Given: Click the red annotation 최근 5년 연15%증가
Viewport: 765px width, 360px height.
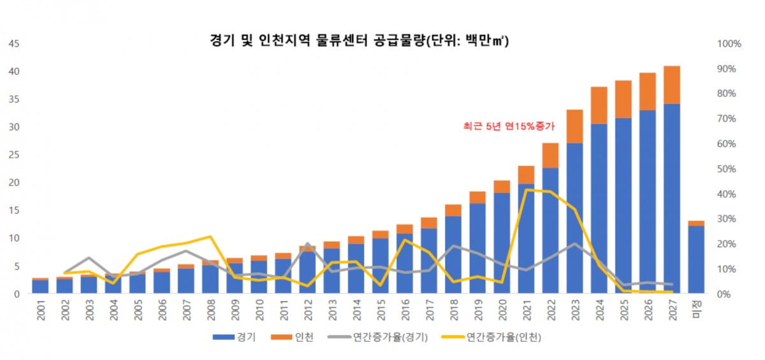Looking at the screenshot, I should pyautogui.click(x=509, y=126).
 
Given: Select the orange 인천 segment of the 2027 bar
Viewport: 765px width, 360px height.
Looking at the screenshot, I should pyautogui.click(x=671, y=84).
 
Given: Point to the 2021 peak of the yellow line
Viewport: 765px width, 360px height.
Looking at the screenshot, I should pyautogui.click(x=525, y=190).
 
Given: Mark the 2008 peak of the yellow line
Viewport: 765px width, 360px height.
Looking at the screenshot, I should pyautogui.click(x=210, y=236).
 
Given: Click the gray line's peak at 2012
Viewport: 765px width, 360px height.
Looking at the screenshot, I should pyautogui.click(x=307, y=244).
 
